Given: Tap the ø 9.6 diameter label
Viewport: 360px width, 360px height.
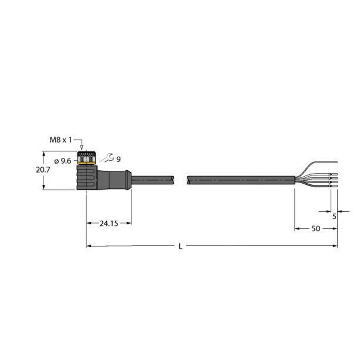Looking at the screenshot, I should click(x=63, y=161).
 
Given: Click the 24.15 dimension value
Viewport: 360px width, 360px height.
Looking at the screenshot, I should click(x=109, y=224).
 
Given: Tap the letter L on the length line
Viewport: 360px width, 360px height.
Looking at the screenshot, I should click(x=181, y=247).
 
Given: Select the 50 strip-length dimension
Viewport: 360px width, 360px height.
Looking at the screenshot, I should click(x=316, y=229).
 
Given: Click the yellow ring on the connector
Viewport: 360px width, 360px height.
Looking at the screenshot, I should click(x=86, y=163).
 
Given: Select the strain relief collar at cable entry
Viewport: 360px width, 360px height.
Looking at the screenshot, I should click(x=128, y=179).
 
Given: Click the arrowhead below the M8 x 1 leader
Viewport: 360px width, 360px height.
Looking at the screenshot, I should click(x=82, y=147).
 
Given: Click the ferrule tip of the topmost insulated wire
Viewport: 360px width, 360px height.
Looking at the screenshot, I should click(x=334, y=174).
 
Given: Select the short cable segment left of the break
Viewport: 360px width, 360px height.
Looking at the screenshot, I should click(x=153, y=179).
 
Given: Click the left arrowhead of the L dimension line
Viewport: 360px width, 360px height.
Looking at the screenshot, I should click(x=89, y=246).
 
